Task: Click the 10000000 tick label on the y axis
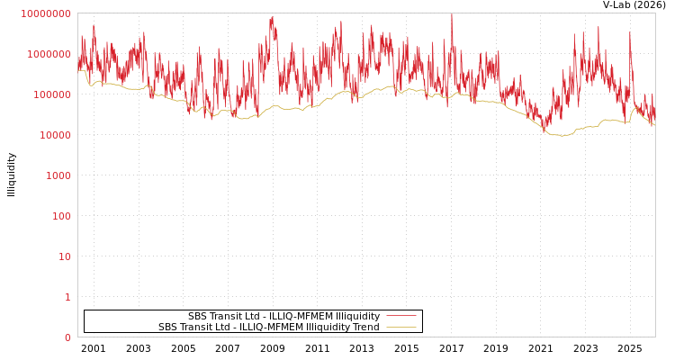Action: (x=45, y=13)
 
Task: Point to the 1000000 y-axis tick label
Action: (x=49, y=54)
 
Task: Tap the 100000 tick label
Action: (x=51, y=94)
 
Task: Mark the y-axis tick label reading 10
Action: (x=64, y=256)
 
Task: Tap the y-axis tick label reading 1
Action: (x=67, y=297)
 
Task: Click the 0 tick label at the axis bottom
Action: (x=67, y=337)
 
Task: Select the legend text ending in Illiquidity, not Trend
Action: (x=283, y=317)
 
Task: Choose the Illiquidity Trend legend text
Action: (x=268, y=328)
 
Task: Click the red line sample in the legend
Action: (x=400, y=317)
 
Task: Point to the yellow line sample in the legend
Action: (x=400, y=328)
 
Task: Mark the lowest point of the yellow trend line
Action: (x=561, y=136)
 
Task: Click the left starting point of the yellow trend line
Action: (x=78, y=70)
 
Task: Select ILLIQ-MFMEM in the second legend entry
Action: (x=268, y=328)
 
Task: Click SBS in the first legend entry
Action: (x=198, y=317)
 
